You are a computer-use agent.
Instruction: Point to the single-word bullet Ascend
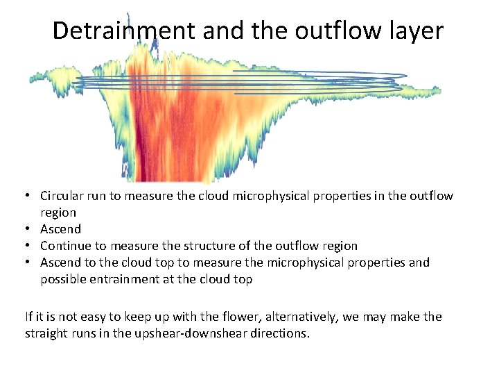pos(60,229)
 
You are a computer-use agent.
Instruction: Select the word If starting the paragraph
pos(29,317)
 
